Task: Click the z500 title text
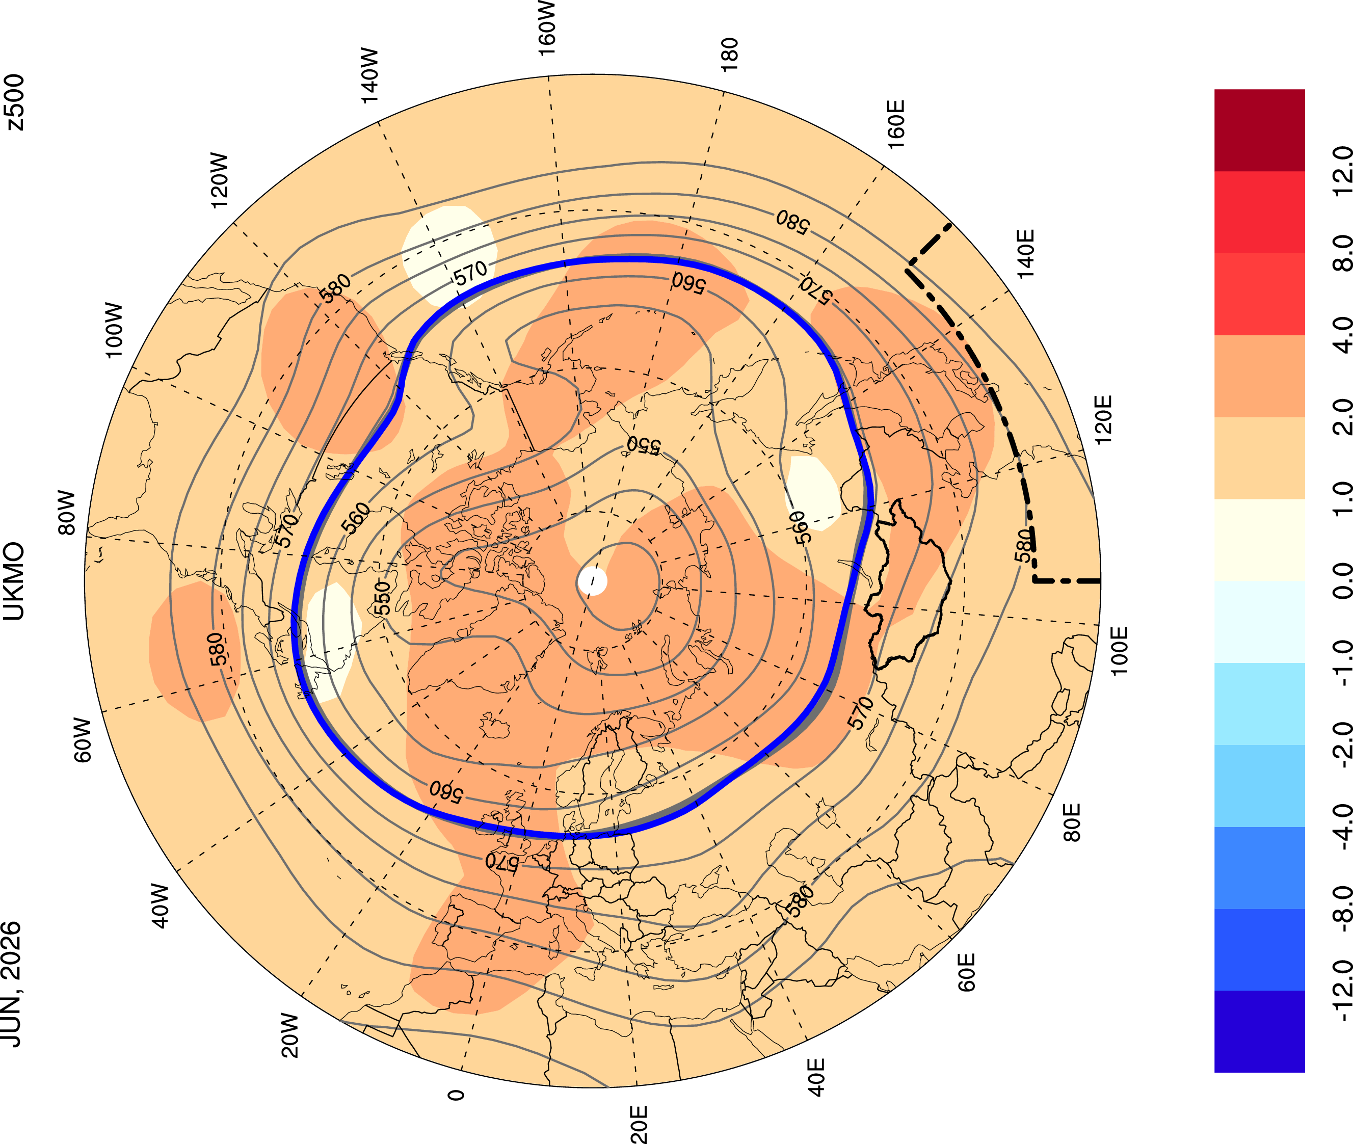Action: click(x=14, y=102)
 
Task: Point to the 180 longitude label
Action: click(x=729, y=55)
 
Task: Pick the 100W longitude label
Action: click(x=114, y=330)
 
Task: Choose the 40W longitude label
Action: click(x=160, y=906)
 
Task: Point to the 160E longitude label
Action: click(x=896, y=124)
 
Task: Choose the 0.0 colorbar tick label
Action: click(x=1341, y=581)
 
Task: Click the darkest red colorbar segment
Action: click(x=1259, y=130)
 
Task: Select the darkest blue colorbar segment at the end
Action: click(x=1259, y=1031)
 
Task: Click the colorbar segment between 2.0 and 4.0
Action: click(x=1259, y=376)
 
